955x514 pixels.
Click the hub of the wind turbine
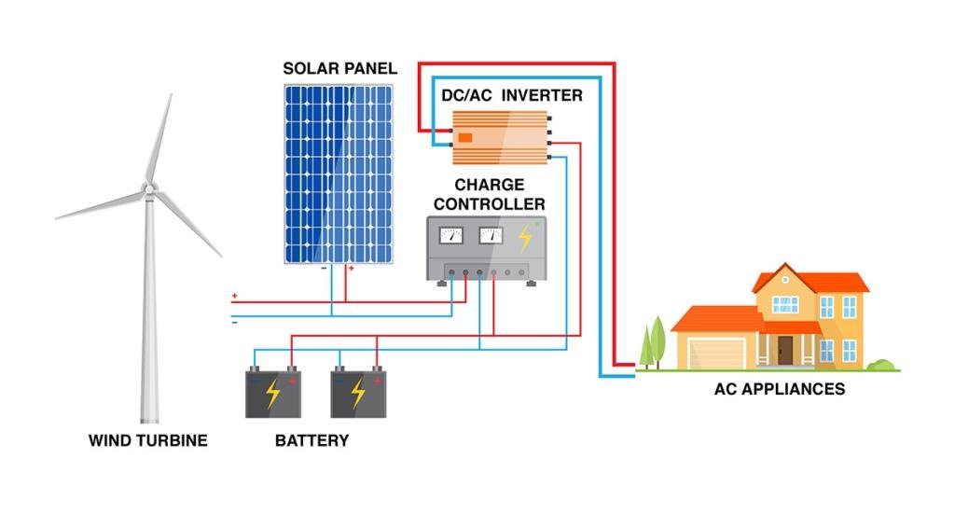coord(148,188)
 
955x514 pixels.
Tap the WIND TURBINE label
coord(147,440)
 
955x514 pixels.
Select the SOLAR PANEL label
coord(340,69)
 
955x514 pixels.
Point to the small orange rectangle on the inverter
coord(464,137)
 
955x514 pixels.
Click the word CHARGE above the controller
coord(490,185)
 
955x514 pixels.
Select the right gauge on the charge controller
coord(490,235)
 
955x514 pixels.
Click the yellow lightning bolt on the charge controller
coord(525,237)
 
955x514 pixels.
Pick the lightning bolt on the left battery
coord(272,394)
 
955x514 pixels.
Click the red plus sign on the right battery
coord(378,380)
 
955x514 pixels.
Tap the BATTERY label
coord(311,440)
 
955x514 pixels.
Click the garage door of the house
coord(716,353)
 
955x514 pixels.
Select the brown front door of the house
coord(785,350)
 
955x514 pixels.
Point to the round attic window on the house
coord(782,277)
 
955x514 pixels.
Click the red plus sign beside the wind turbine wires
coord(234,297)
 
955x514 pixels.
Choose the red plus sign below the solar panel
coord(351,269)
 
